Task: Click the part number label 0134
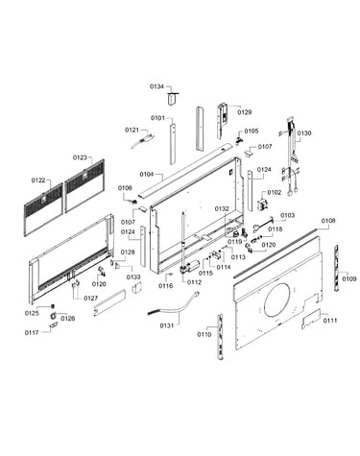[156, 86]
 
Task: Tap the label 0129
[245, 112]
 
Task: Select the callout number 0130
[303, 133]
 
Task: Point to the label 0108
[328, 221]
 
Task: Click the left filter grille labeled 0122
[43, 209]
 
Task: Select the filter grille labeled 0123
[84, 185]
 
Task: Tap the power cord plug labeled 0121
[142, 141]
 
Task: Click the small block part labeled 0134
[173, 98]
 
